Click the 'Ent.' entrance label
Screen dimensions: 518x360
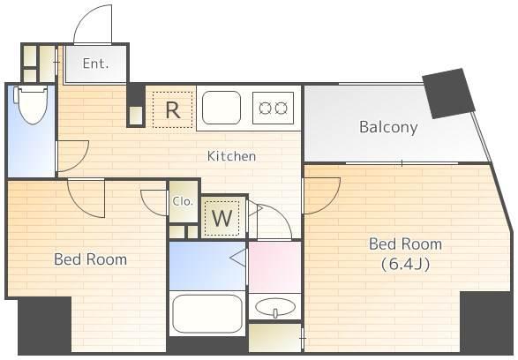[x=95, y=64]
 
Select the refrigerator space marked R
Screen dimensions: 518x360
[x=172, y=109]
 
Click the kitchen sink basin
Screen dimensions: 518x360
[x=221, y=108]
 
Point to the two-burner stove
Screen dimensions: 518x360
[x=273, y=108]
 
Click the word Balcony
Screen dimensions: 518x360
[x=388, y=127]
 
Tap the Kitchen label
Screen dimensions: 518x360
[x=231, y=156]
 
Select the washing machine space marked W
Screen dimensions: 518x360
[x=222, y=218]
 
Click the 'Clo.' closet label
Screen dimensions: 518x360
[x=183, y=201]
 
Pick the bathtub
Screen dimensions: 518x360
[x=207, y=313]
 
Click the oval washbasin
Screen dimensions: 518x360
[x=275, y=307]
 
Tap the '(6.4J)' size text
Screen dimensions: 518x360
[x=406, y=264]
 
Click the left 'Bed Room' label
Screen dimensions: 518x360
[x=90, y=259]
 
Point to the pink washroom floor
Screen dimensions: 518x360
[x=274, y=266]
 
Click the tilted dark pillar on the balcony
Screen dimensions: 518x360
[x=448, y=94]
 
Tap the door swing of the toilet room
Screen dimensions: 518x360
[x=79, y=161]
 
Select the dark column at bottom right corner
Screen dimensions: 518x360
[x=486, y=322]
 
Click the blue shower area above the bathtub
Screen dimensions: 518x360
[x=207, y=266]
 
